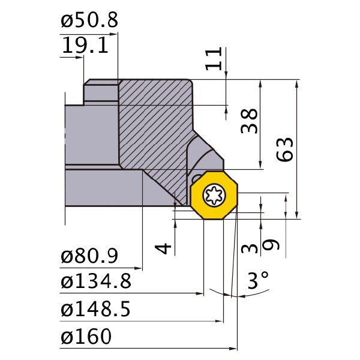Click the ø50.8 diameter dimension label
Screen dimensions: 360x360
point(89,20)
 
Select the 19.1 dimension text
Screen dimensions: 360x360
point(85,46)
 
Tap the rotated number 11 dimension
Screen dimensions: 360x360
point(214,59)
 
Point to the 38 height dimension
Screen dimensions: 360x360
point(249,121)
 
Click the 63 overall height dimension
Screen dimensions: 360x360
point(284,149)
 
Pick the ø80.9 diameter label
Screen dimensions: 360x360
point(89,256)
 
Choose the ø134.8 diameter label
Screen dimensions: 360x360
point(96,281)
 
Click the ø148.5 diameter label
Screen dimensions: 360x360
point(96,309)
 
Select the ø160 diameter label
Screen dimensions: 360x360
point(86,337)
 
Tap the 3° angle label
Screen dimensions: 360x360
point(258,280)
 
